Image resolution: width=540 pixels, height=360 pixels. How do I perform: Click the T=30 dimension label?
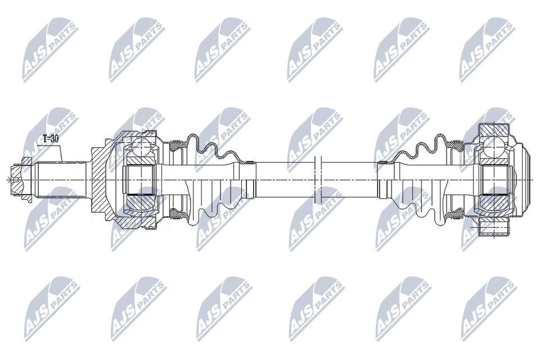click(x=50, y=138)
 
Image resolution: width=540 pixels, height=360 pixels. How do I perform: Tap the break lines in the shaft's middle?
click(x=317, y=179)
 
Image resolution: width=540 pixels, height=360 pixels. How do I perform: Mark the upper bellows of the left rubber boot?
click(x=217, y=148)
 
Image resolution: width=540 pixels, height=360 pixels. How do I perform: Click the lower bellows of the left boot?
click(x=217, y=209)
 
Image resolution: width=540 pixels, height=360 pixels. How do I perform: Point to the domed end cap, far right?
click(x=525, y=179)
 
